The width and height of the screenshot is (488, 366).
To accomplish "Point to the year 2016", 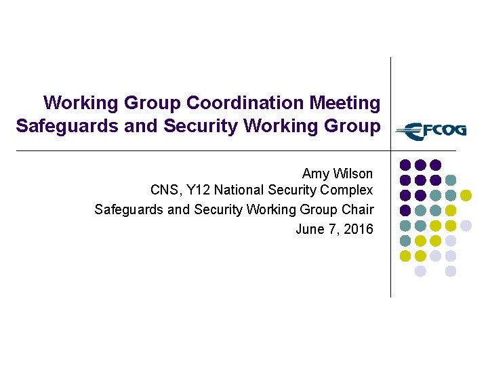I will tap(358, 229).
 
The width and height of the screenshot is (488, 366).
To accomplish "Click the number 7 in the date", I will tap(333, 229).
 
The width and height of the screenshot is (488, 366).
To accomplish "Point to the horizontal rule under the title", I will tap(203, 150).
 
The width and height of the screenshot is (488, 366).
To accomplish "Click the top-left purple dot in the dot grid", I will tap(405, 165).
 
